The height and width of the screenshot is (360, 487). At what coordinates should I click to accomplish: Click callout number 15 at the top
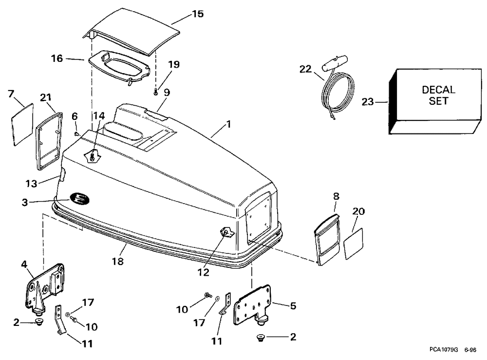(197, 14)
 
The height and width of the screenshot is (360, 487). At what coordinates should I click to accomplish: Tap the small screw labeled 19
(155, 91)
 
